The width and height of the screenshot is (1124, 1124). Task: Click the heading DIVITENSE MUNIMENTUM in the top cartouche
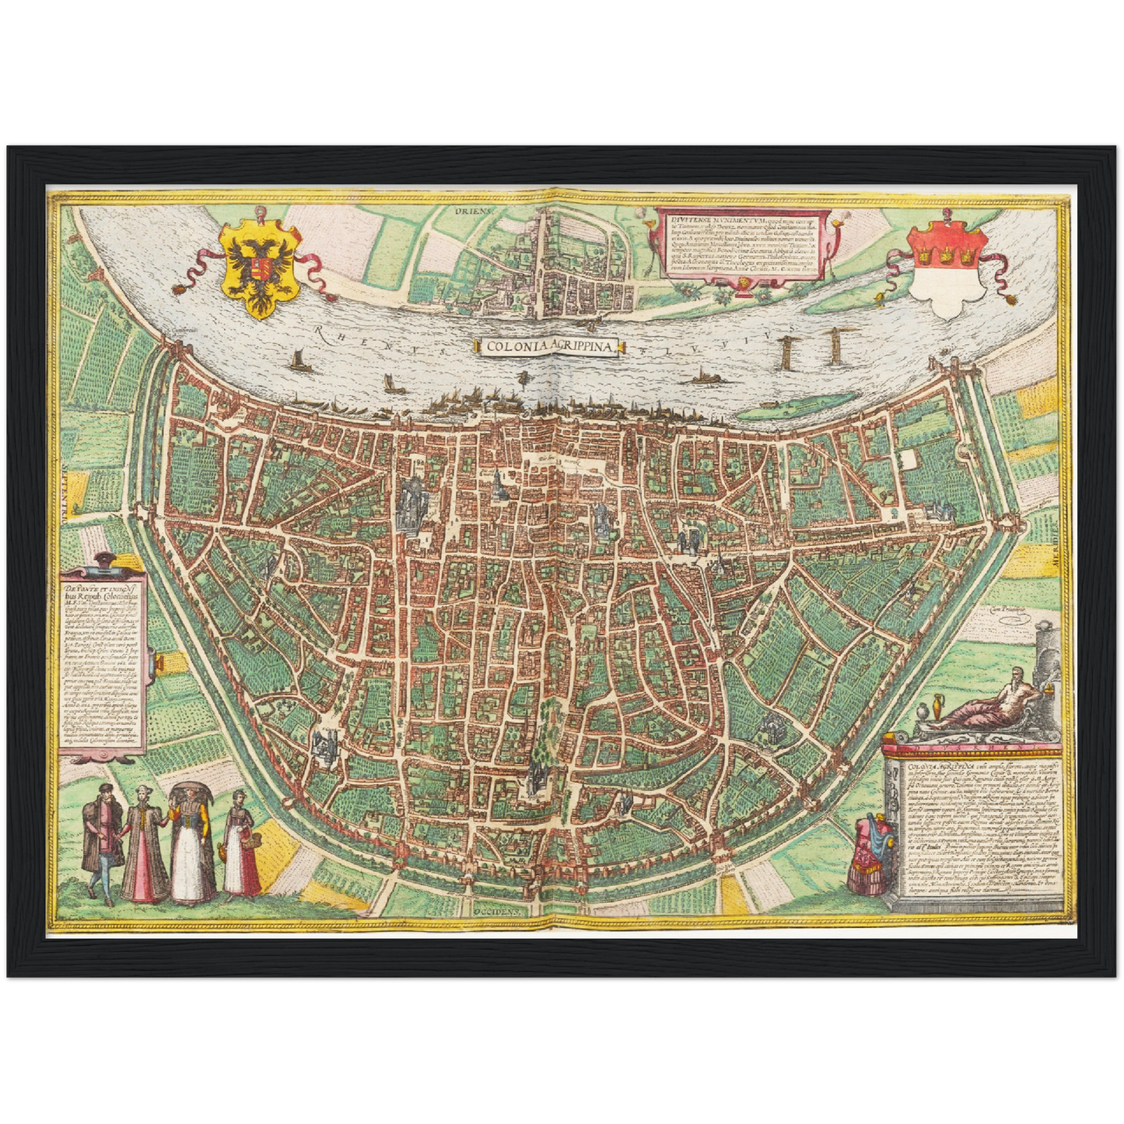pyautogui.click(x=696, y=219)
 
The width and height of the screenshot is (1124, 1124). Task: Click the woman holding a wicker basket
pyautogui.click(x=241, y=844)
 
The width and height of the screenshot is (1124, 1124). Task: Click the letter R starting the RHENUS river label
pyautogui.click(x=319, y=332)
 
